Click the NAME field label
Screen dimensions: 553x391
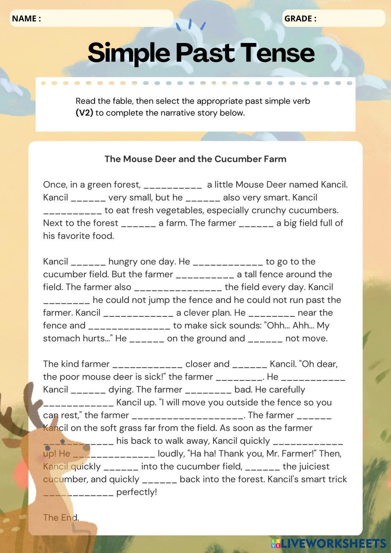point(27,18)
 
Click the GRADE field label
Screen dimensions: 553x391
point(300,18)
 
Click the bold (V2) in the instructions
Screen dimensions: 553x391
point(84,113)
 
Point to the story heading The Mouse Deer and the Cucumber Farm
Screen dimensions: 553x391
point(195,159)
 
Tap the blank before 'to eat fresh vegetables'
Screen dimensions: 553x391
point(72,210)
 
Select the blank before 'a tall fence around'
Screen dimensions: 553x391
point(205,275)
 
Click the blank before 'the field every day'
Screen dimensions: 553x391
point(178,287)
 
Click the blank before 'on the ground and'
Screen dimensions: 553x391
point(147,339)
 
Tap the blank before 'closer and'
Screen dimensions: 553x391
point(147,364)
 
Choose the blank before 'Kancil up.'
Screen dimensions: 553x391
point(78,402)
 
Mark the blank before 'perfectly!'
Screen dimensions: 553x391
point(78,492)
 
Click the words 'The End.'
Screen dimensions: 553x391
point(61,517)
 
